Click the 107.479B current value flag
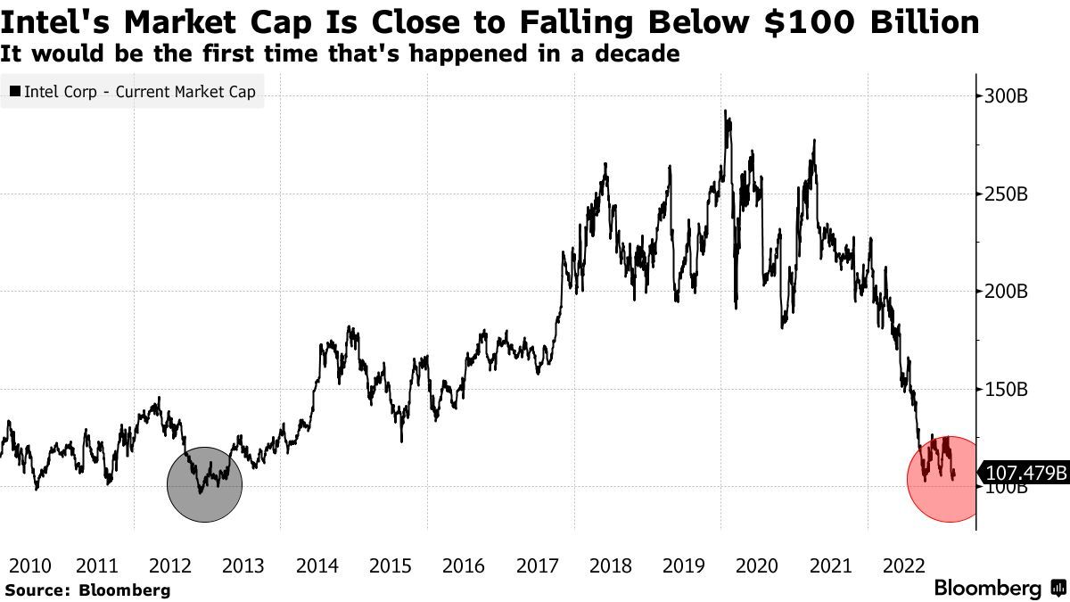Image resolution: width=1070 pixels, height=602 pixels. pyautogui.click(x=1025, y=473)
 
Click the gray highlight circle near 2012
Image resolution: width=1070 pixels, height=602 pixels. pyautogui.click(x=205, y=484)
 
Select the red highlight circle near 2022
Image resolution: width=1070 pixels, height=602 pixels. pyautogui.click(x=944, y=480)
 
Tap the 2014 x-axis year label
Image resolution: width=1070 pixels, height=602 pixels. pyautogui.click(x=317, y=565)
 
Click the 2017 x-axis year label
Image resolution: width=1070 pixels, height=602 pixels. pyautogui.click(x=537, y=565)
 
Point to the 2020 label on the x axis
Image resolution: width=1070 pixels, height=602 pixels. pyautogui.click(x=756, y=565)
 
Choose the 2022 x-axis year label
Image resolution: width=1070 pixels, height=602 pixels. pyautogui.click(x=902, y=565)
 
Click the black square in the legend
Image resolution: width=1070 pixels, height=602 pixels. pyautogui.click(x=14, y=91)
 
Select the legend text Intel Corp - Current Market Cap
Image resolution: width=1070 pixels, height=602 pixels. pyautogui.click(x=139, y=91)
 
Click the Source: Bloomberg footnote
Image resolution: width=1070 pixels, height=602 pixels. pyautogui.click(x=87, y=590)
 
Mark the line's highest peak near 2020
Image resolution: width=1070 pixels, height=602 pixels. pyautogui.click(x=726, y=111)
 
